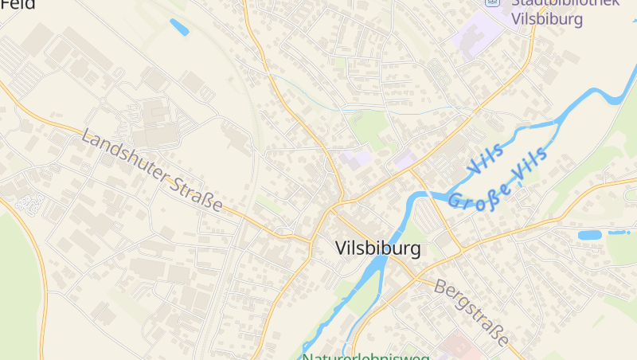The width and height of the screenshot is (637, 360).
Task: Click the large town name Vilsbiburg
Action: (378, 248)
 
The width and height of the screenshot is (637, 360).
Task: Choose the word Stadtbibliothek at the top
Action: (565, 3)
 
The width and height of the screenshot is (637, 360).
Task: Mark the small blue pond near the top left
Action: (179, 27)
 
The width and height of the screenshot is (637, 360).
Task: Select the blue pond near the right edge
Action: (590, 235)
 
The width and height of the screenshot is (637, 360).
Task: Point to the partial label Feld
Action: (18, 4)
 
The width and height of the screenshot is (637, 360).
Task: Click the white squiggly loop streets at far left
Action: (30, 204)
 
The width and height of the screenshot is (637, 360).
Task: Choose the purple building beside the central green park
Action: (356, 156)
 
